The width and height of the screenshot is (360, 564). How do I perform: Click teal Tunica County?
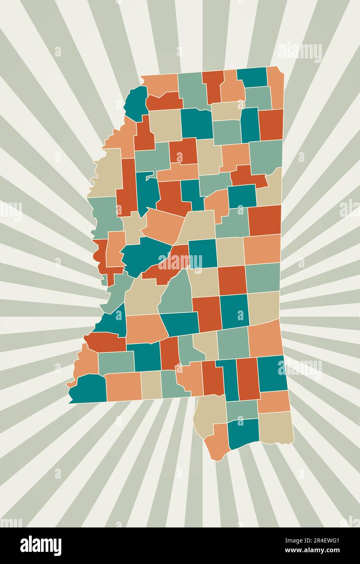(136, 101)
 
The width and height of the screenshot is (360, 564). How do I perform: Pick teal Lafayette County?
(196, 123)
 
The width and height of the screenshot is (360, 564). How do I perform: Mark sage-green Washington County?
(104, 215)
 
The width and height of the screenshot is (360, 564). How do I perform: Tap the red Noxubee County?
(264, 220)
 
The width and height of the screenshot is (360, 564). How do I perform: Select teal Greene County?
(272, 373)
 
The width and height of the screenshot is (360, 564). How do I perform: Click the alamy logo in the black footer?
(41, 546)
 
